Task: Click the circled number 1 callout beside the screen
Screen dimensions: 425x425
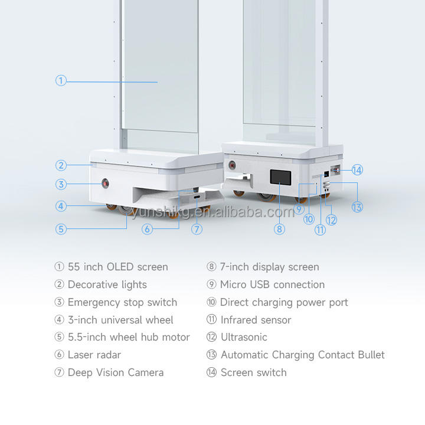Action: point(61,81)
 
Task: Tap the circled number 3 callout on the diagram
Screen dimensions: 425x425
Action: point(61,184)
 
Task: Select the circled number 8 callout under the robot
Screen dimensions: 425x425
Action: point(280,229)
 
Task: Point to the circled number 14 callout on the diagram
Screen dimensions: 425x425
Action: point(357,170)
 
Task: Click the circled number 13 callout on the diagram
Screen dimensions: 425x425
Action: point(357,207)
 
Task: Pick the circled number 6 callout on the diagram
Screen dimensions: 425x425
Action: point(148,229)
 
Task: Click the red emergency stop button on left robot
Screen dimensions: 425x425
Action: point(106,184)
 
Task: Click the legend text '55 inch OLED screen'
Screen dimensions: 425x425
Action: point(117,267)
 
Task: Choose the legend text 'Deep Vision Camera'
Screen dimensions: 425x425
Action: point(115,372)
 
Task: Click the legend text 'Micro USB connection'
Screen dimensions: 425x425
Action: point(272,285)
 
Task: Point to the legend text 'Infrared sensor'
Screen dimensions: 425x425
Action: point(256,320)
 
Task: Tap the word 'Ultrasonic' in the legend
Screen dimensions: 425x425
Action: point(244,337)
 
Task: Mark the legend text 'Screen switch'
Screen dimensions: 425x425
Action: point(253,372)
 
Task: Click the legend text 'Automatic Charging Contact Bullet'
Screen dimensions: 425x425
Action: point(302,355)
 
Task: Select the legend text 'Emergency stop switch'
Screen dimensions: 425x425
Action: point(122,302)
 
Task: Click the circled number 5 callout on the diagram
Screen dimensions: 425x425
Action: point(61,229)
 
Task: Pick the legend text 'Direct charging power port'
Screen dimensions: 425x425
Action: point(284,302)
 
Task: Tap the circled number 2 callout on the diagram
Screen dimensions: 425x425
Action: point(61,166)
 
